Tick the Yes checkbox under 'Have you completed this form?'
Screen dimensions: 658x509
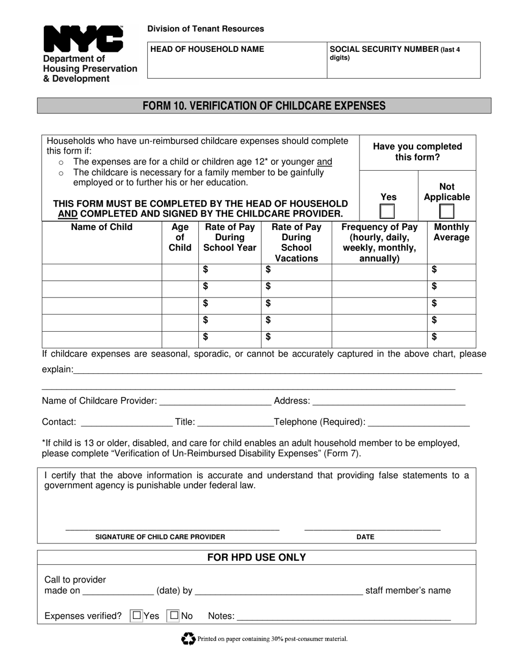tap(387, 211)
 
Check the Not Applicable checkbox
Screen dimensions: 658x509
tap(446, 211)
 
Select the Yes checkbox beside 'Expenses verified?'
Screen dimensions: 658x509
tap(137, 616)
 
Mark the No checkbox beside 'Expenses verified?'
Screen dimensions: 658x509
tap(174, 616)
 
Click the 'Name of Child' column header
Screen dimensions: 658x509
tap(102, 227)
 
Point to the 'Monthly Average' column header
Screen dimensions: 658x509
tap(451, 232)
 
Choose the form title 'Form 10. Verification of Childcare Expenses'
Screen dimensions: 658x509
tap(264, 105)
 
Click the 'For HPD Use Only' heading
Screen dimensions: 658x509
tap(257, 557)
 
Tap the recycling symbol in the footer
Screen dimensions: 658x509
tap(188, 638)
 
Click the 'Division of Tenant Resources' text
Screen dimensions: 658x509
tap(206, 29)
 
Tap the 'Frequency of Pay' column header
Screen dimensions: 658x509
tap(379, 242)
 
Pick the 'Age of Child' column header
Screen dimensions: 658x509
tap(179, 237)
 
